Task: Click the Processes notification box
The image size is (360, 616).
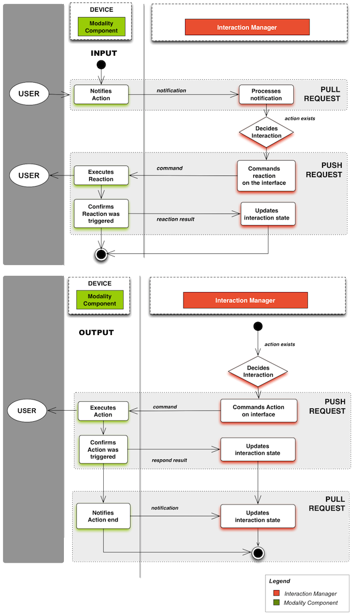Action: (x=266, y=94)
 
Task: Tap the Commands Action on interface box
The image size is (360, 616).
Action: (x=258, y=411)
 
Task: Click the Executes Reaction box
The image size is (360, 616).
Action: (x=101, y=175)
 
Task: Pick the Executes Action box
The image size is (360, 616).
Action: (x=103, y=411)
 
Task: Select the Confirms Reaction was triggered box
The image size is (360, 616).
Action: (x=101, y=214)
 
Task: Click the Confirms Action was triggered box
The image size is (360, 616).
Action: (x=103, y=449)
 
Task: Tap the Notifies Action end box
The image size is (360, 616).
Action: (x=103, y=516)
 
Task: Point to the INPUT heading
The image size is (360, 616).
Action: (x=104, y=53)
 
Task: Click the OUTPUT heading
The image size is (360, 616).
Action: (x=96, y=333)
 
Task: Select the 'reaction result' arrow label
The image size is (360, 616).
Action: (x=175, y=219)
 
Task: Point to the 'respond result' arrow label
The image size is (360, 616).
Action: (x=169, y=461)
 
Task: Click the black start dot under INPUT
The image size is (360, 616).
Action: (x=101, y=65)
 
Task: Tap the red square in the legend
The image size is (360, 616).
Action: (x=275, y=594)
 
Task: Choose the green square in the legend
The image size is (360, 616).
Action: (x=275, y=603)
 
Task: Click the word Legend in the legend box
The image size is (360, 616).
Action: (x=279, y=581)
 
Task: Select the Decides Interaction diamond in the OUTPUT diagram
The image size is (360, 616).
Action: (x=258, y=371)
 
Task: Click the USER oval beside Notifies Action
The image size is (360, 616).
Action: (x=29, y=94)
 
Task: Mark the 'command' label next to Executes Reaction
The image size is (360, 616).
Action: (x=169, y=168)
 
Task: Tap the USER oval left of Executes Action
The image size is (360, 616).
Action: (x=27, y=411)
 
